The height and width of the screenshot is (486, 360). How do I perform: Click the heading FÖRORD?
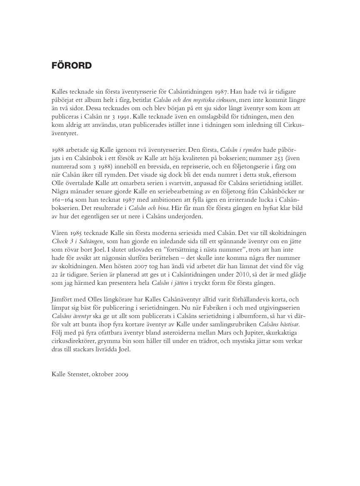[71, 66]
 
